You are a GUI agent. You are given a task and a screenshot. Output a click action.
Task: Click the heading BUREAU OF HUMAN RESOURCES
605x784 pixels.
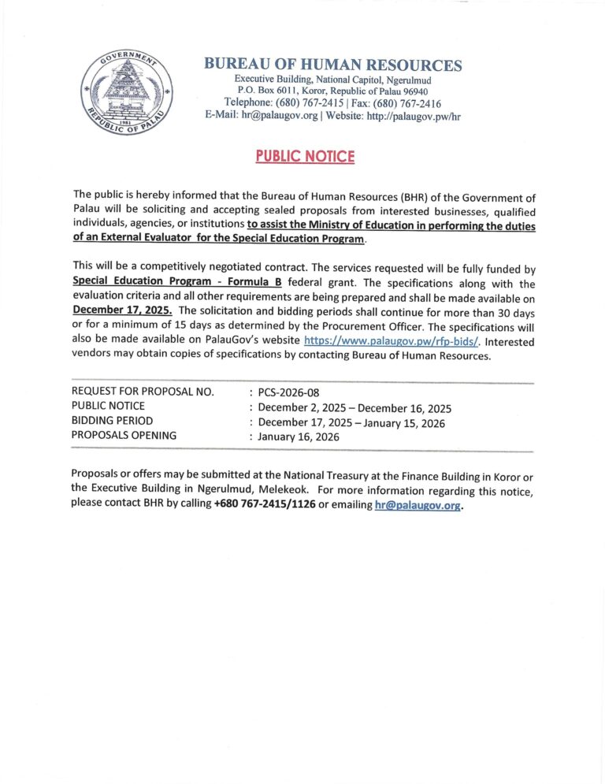332,65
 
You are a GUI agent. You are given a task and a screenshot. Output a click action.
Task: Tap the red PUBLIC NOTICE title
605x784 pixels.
305,156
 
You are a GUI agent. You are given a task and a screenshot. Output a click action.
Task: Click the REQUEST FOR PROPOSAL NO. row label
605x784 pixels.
143,392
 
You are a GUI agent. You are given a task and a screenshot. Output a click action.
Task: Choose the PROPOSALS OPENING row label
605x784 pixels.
124,435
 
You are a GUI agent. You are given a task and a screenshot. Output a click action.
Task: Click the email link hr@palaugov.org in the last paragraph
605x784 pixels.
418,506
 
